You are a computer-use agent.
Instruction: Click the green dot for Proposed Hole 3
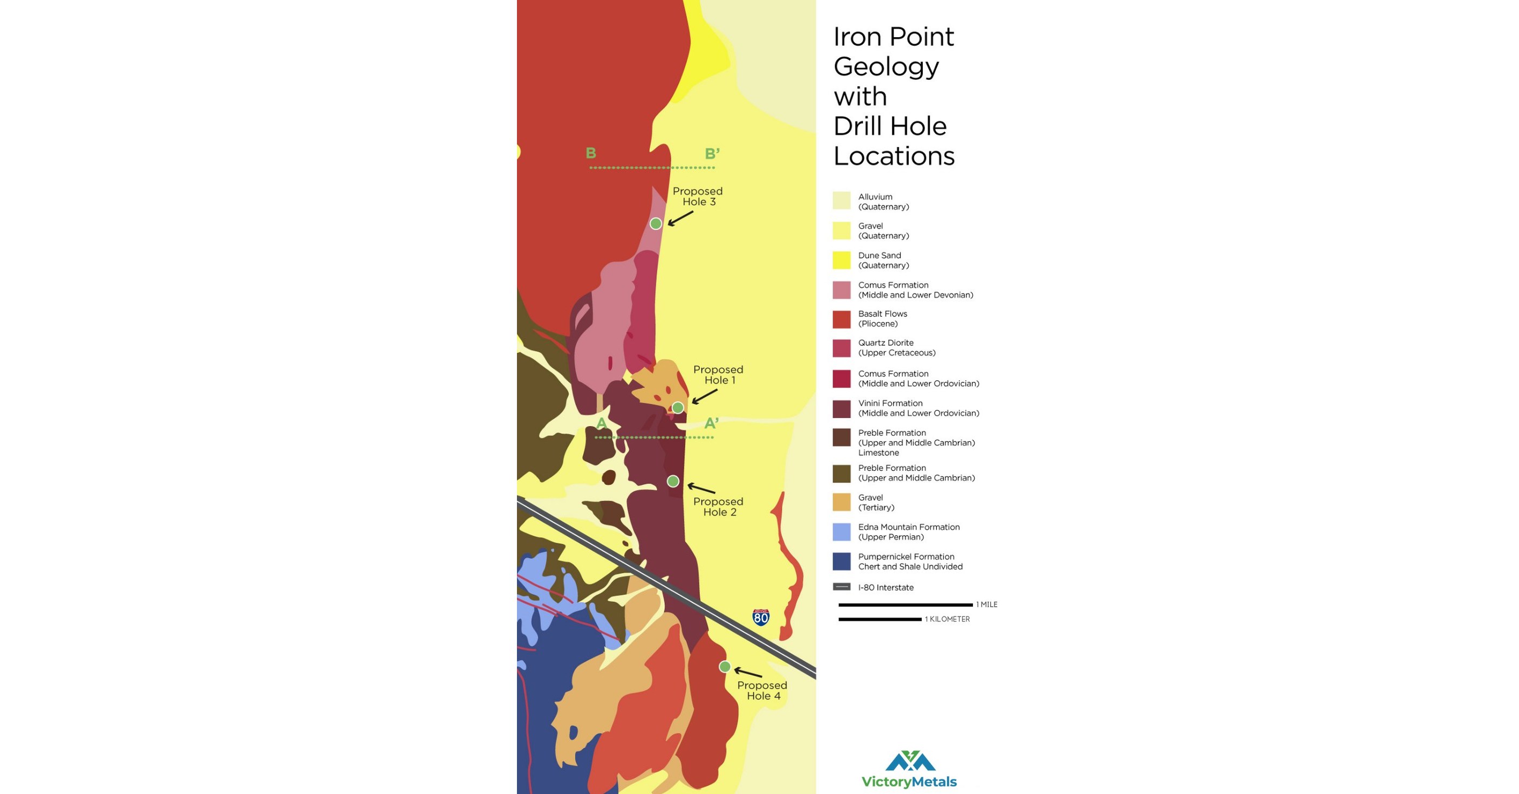tap(656, 223)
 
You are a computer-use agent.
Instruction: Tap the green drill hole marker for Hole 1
tap(678, 407)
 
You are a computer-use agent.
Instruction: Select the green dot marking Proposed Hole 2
tap(673, 482)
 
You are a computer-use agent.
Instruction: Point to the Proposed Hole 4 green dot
tap(725, 667)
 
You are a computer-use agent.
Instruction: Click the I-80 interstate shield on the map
tap(761, 617)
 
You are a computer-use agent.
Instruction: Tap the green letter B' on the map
tap(712, 154)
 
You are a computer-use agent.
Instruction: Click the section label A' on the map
tap(711, 423)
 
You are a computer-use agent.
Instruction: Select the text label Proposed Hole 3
tap(698, 196)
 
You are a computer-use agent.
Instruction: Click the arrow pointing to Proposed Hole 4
tap(748, 673)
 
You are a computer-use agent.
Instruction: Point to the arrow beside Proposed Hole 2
tap(701, 488)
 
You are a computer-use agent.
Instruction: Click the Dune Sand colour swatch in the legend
tap(841, 260)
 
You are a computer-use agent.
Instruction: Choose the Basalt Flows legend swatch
tap(841, 319)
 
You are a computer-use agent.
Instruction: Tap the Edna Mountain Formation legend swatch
tap(841, 532)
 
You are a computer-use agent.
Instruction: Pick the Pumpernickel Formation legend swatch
tap(841, 561)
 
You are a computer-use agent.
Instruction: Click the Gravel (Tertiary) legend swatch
tap(841, 502)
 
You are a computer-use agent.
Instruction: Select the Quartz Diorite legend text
tap(896, 348)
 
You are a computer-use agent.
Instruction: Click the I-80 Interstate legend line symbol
tap(841, 586)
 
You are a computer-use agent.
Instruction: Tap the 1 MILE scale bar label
tap(986, 605)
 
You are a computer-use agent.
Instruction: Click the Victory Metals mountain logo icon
tap(910, 761)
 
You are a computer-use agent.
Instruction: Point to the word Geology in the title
tap(886, 66)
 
